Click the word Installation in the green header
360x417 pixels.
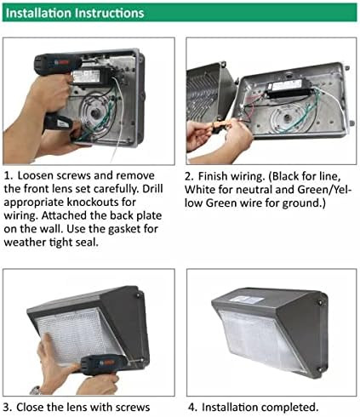click(38, 13)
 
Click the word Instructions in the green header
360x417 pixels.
click(110, 13)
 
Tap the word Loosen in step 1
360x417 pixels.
click(36, 175)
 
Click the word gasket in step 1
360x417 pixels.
click(125, 229)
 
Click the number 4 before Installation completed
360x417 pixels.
click(192, 408)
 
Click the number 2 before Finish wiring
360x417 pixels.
click(189, 176)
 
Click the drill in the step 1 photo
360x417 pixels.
click(58, 85)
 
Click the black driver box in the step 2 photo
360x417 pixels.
click(287, 89)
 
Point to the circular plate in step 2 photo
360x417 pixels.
click(288, 118)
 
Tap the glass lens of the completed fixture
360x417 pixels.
click(262, 340)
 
